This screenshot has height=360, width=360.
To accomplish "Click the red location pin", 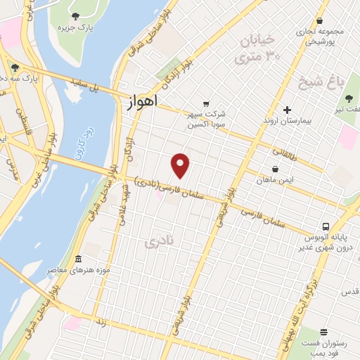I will tap(181, 165).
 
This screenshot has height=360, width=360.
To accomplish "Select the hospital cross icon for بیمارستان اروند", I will tap(287, 110).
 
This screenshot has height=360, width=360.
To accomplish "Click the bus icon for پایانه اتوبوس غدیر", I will tap(325, 227).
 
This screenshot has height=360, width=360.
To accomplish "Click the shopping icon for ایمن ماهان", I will tap(275, 169).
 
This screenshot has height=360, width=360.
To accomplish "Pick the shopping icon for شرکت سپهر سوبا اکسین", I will tap(205, 103).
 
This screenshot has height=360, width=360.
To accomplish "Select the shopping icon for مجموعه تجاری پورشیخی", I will tap(320, 21).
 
